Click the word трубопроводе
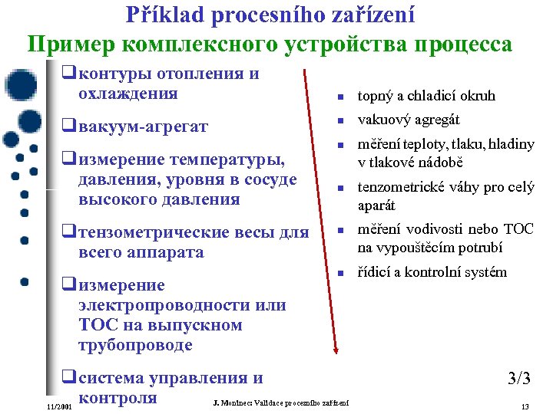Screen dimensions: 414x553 (x=135, y=345)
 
